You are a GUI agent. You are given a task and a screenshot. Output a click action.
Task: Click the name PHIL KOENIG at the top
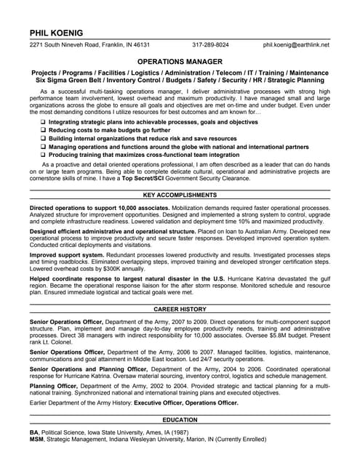56,33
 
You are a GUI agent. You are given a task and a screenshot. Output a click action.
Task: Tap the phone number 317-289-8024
210,45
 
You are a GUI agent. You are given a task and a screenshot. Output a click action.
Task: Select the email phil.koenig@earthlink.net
296,45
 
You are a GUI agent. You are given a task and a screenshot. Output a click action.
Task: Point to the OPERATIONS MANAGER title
180,62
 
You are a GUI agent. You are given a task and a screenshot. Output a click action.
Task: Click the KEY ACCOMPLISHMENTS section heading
180,195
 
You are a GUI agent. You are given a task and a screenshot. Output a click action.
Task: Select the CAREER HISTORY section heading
180,309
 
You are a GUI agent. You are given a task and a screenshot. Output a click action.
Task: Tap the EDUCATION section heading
180,421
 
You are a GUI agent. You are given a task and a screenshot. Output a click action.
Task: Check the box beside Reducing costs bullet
43,130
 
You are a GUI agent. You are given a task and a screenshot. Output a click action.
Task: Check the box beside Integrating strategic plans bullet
43,122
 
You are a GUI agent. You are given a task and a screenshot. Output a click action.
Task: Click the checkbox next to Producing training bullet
43,154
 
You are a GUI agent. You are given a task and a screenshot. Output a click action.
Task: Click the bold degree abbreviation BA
33,432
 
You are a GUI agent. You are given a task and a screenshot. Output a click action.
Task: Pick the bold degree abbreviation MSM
36,439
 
